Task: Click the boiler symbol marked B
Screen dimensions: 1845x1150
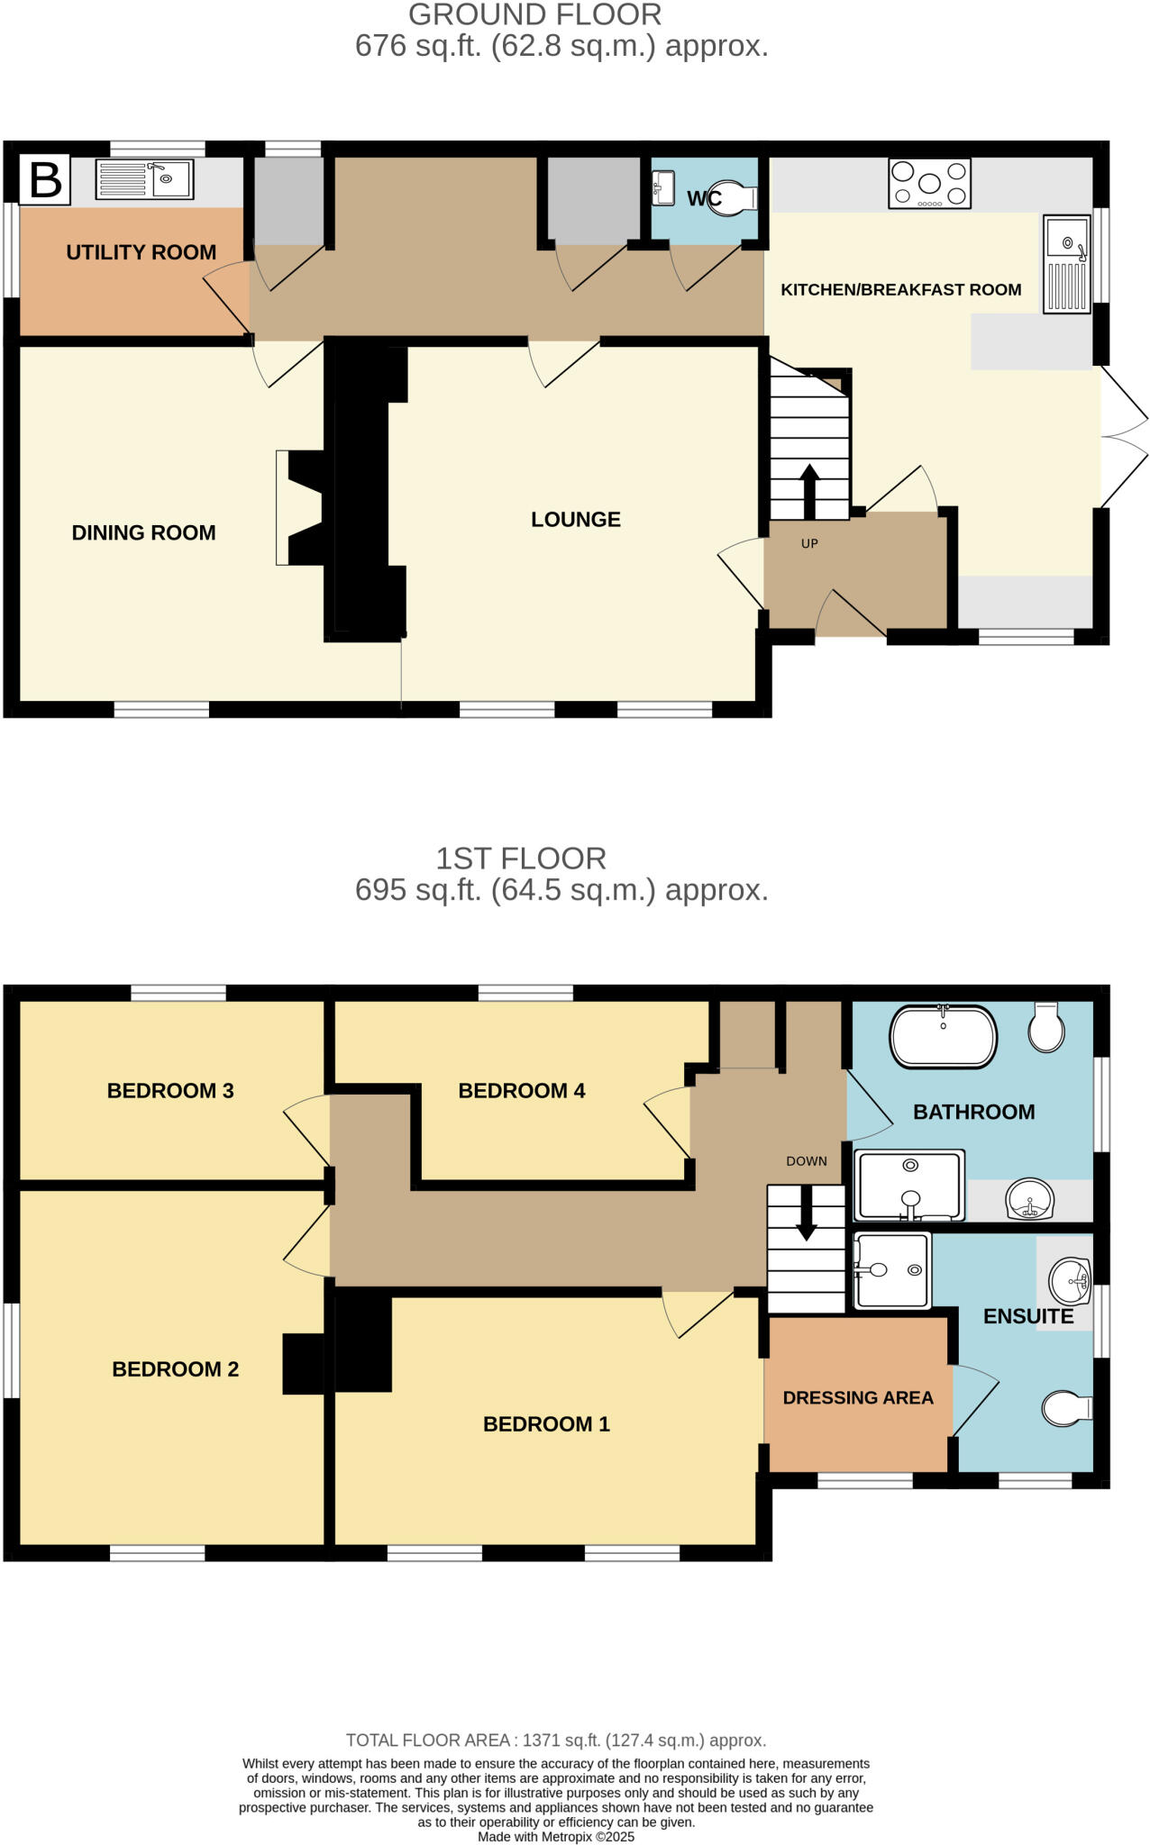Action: click(45, 179)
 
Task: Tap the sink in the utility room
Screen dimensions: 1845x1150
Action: click(144, 179)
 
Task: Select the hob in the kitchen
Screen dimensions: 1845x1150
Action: click(929, 184)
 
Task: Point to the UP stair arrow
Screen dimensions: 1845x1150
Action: click(808, 491)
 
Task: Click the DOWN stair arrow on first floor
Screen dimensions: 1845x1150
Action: click(806, 1213)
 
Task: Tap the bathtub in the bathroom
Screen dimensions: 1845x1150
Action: click(943, 1037)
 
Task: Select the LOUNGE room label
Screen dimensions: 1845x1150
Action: click(575, 520)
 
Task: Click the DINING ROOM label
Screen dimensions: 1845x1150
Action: click(143, 532)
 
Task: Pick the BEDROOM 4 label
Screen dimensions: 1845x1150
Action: click(521, 1091)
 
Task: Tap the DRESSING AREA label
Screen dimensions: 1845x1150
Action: click(857, 1398)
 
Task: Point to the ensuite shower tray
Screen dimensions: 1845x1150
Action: click(890, 1270)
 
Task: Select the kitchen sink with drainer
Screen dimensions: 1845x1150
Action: click(1066, 264)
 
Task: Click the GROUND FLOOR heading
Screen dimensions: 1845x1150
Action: click(534, 15)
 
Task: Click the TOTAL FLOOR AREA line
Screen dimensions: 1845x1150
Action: click(555, 1740)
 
